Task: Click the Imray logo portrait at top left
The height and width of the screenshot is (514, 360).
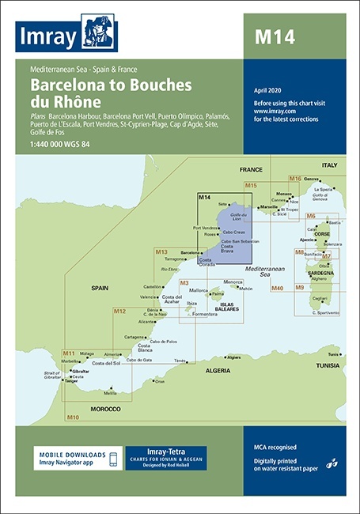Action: pos(100,32)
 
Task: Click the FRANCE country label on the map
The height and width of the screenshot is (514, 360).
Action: pos(251,169)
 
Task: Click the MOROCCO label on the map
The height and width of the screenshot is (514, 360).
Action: pos(104,409)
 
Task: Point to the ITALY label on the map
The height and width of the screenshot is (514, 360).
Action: pos(328,164)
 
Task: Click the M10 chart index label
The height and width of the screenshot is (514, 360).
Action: pos(72,417)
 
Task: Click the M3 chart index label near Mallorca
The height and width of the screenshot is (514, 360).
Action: pos(184,283)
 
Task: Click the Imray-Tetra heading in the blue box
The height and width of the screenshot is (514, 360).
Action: pos(165,452)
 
